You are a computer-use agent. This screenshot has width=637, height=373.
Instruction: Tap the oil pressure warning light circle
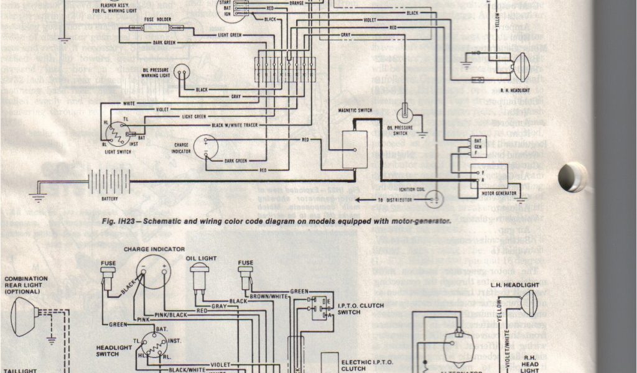182,73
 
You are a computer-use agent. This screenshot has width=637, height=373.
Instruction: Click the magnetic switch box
355,149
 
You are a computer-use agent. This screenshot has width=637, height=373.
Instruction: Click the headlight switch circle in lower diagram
152,343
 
